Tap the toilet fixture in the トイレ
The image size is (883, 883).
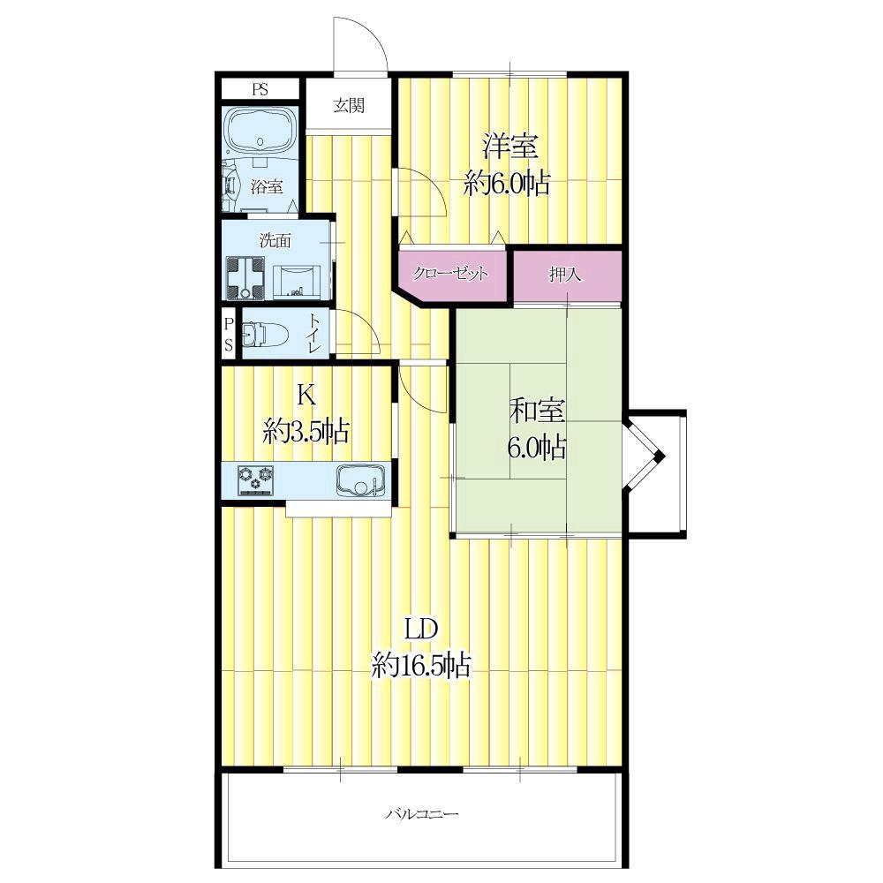point(265,335)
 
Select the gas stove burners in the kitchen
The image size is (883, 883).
point(256,479)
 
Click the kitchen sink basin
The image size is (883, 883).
point(360,480)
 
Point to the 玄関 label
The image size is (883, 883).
point(349,105)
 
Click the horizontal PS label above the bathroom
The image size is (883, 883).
point(260,89)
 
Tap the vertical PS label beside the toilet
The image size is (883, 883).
point(229,335)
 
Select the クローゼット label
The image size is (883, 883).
point(450,275)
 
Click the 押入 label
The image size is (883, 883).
point(565,275)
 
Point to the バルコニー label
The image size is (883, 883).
point(422,814)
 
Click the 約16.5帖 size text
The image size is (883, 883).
point(421,666)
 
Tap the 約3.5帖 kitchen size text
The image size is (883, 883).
point(306,433)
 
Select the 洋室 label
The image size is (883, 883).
point(510,146)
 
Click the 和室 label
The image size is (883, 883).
point(537,411)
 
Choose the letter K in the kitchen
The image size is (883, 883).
point(306,396)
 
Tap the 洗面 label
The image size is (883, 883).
point(275,240)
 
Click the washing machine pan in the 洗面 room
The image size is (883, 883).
point(245,277)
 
